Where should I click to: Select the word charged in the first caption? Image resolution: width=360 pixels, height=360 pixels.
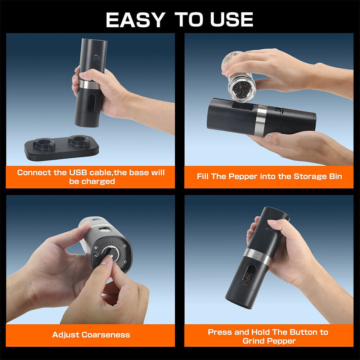[98, 181]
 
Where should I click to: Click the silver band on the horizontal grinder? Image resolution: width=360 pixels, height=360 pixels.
[261, 120]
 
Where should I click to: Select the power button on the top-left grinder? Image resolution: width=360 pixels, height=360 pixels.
[95, 58]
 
